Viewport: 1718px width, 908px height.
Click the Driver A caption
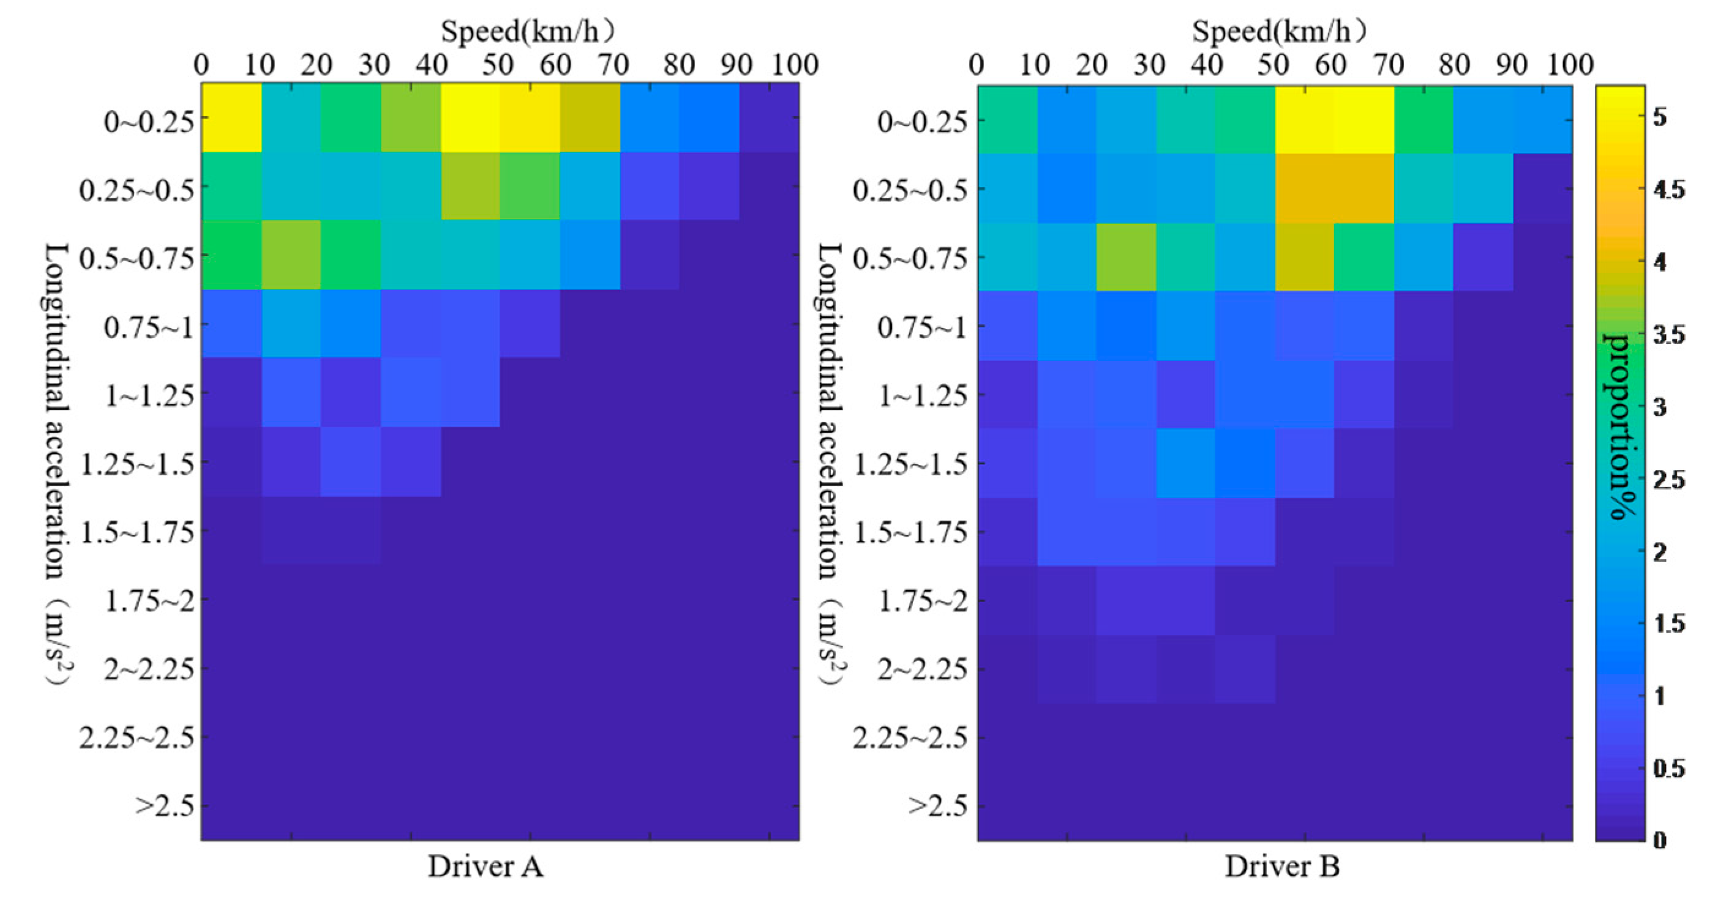tap(486, 866)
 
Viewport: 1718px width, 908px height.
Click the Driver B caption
tap(1282, 866)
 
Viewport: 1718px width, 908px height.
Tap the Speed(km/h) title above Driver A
tap(527, 31)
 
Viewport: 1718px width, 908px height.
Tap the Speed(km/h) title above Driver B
tap(1278, 31)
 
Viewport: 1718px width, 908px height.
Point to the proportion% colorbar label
tap(1621, 426)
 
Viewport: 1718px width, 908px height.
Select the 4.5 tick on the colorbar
tap(1668, 190)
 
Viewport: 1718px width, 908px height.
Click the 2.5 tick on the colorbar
tap(1668, 480)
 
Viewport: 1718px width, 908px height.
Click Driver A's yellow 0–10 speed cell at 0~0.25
tap(231, 118)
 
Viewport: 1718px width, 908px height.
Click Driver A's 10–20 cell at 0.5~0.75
tap(291, 255)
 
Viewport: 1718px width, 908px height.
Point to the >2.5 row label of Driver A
tap(165, 806)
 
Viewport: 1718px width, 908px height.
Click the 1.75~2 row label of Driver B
tap(922, 601)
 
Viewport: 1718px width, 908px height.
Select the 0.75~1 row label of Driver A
tap(149, 327)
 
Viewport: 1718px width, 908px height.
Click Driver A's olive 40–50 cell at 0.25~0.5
tap(470, 187)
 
